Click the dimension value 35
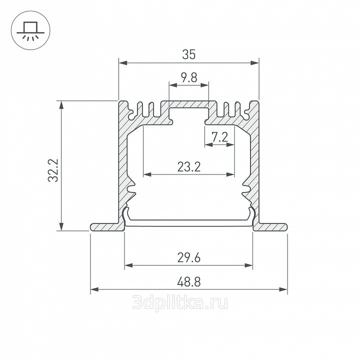click(x=189, y=54)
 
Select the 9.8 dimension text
click(x=189, y=77)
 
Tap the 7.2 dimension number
click(x=219, y=137)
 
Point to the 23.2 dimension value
click(x=189, y=167)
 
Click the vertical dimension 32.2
click(x=53, y=170)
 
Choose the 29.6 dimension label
click(x=189, y=257)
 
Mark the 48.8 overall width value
click(x=189, y=281)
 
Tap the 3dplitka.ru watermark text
click(x=180, y=302)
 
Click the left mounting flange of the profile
click(x=107, y=227)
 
